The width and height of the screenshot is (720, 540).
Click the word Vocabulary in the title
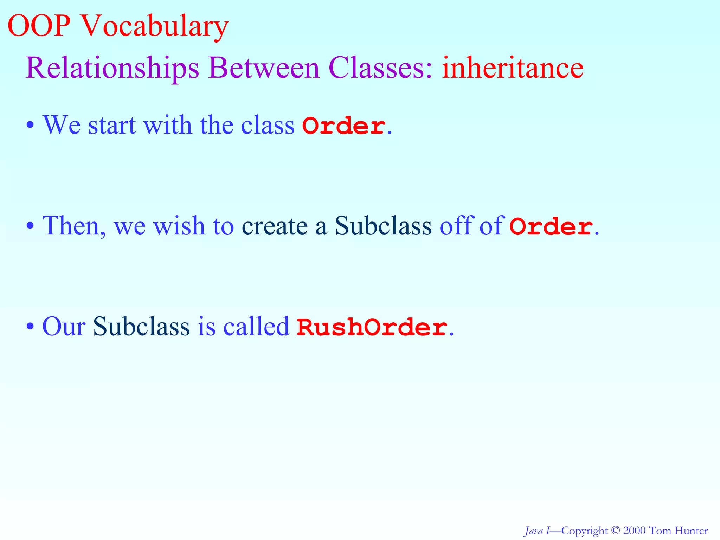[155, 26]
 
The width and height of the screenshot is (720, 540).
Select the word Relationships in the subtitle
[112, 67]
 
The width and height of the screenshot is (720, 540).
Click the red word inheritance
[513, 67]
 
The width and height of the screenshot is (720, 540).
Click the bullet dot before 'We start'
[30, 126]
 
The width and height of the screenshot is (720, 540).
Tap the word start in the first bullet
[112, 125]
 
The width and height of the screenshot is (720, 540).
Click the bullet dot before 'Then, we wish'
[30, 226]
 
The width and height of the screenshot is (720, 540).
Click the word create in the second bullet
[274, 226]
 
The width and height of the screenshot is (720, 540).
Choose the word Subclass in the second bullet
[383, 226]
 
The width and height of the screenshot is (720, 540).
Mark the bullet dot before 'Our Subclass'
[30, 326]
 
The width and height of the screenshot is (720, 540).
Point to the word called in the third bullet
[257, 326]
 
